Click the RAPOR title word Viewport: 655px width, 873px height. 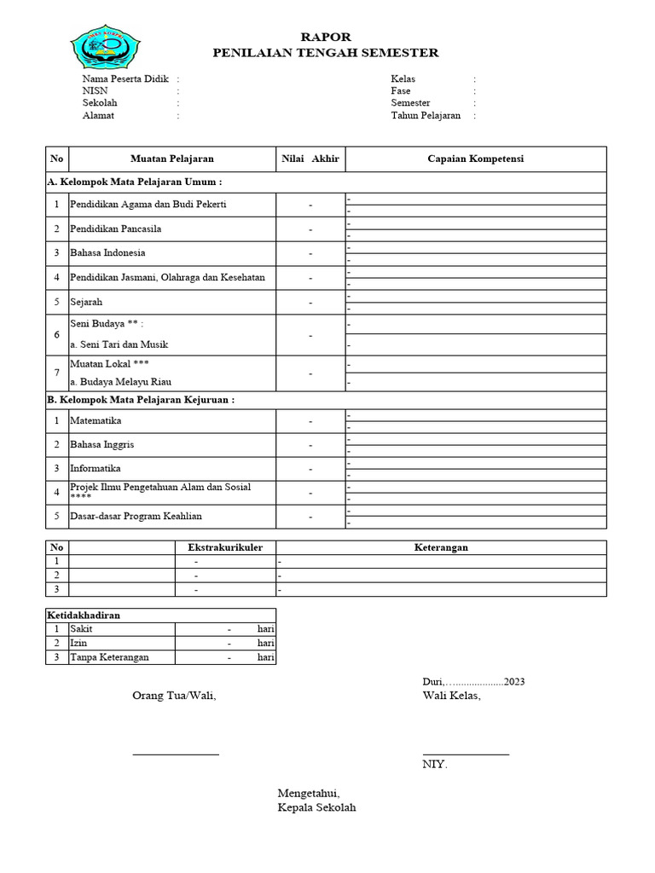tap(326, 37)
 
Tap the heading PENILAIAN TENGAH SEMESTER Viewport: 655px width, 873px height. tap(326, 53)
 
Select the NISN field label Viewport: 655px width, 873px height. tap(95, 91)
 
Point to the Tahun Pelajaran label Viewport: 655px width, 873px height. tap(426, 116)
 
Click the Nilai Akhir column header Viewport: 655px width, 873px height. tap(310, 159)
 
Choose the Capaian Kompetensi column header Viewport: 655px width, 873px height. tap(475, 159)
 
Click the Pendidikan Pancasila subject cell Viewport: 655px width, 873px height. tap(116, 229)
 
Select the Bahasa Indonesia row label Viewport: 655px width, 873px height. tap(107, 253)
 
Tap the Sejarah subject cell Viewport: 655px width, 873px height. tap(86, 303)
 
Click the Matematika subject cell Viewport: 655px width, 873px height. tap(96, 421)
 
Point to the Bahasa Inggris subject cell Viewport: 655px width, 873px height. tap(101, 445)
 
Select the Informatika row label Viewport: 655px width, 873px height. tap(96, 469)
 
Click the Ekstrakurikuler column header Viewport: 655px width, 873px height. tap(225, 547)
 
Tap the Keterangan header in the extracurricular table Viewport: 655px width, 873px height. tap(440, 547)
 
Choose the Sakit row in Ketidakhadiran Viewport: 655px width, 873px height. tap(83, 628)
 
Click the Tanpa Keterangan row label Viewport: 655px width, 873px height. tap(109, 657)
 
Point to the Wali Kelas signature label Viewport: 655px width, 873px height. tap(451, 696)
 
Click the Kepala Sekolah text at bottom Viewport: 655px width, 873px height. tap(316, 808)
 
